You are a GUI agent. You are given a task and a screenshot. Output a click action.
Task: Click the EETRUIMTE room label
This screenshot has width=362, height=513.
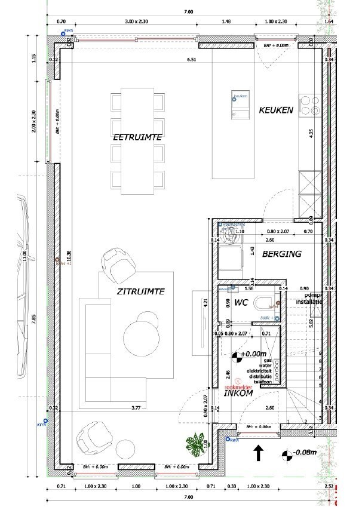(138, 137)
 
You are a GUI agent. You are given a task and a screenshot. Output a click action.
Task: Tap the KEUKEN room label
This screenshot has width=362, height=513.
(275, 110)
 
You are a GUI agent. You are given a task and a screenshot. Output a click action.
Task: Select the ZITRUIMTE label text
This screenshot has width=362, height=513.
(140, 291)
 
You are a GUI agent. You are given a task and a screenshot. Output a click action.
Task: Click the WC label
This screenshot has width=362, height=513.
(241, 303)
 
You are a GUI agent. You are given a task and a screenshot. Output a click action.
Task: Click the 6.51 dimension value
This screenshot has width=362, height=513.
(191, 60)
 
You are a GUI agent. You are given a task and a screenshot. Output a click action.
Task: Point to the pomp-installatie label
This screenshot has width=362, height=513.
(312, 299)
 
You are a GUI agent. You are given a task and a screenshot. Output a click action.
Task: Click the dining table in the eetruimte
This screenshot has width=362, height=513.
(137, 142)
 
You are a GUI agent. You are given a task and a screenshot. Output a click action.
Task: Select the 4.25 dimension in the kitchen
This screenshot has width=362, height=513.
(311, 134)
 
